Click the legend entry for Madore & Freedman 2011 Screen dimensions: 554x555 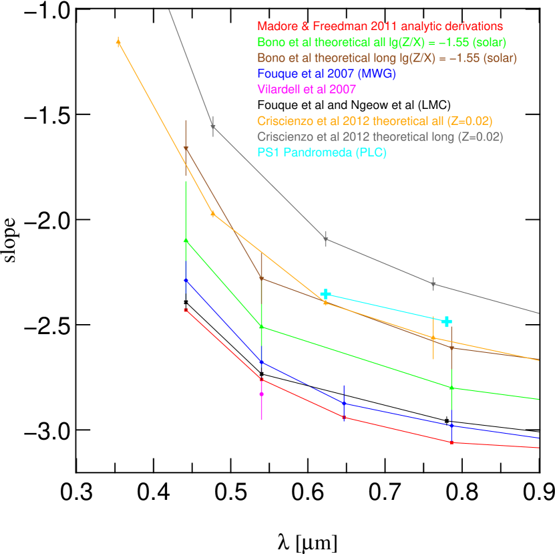click(x=379, y=27)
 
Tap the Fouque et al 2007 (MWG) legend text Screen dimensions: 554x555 click(x=326, y=74)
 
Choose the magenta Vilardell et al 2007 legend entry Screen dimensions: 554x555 click(x=307, y=89)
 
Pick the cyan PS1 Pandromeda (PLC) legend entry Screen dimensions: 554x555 click(x=322, y=152)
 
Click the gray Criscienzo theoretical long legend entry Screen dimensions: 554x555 click(x=380, y=137)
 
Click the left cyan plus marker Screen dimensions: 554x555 click(x=325, y=294)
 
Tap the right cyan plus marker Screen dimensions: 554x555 click(x=447, y=321)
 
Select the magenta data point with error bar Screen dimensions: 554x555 click(x=261, y=394)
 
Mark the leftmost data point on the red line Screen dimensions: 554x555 click(x=186, y=310)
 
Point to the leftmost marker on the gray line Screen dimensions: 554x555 click(x=213, y=126)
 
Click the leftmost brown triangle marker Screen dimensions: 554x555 click(x=186, y=148)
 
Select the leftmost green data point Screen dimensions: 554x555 click(x=186, y=239)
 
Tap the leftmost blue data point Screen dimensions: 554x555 click(x=186, y=280)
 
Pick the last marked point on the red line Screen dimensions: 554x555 click(x=451, y=442)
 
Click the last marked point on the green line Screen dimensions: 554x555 click(x=451, y=388)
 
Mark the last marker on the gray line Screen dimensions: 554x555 click(x=433, y=284)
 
